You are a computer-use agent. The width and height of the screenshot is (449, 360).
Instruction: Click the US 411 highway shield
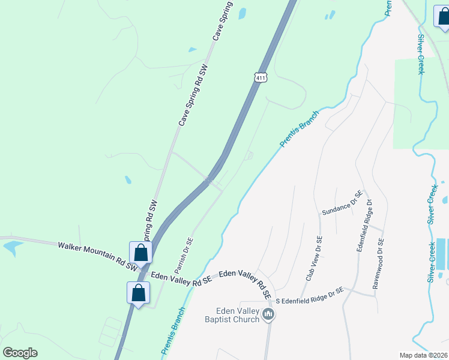click(x=260, y=77)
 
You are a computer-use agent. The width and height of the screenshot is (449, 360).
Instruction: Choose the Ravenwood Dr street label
click(x=378, y=265)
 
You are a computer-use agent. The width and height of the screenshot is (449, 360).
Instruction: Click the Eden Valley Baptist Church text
click(x=238, y=315)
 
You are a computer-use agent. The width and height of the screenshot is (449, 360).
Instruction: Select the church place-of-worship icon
click(x=268, y=314)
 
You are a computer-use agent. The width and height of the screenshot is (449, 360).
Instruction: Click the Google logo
click(x=20, y=353)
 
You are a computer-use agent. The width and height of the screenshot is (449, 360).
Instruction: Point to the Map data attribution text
click(x=423, y=355)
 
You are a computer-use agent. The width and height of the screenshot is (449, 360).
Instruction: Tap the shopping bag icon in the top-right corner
click(x=443, y=18)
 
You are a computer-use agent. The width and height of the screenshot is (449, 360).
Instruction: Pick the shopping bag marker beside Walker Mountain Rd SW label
click(x=140, y=253)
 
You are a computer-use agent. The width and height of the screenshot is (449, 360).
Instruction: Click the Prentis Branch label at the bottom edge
click(x=173, y=331)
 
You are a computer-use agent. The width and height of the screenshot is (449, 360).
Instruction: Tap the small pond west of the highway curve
click(x=128, y=179)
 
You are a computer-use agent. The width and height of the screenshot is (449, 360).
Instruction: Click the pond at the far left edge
click(x=11, y=246)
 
